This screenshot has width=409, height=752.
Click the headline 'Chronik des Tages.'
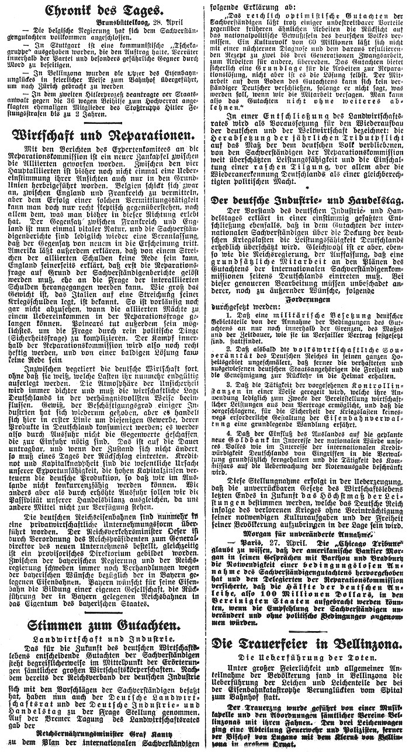(103, 10)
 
